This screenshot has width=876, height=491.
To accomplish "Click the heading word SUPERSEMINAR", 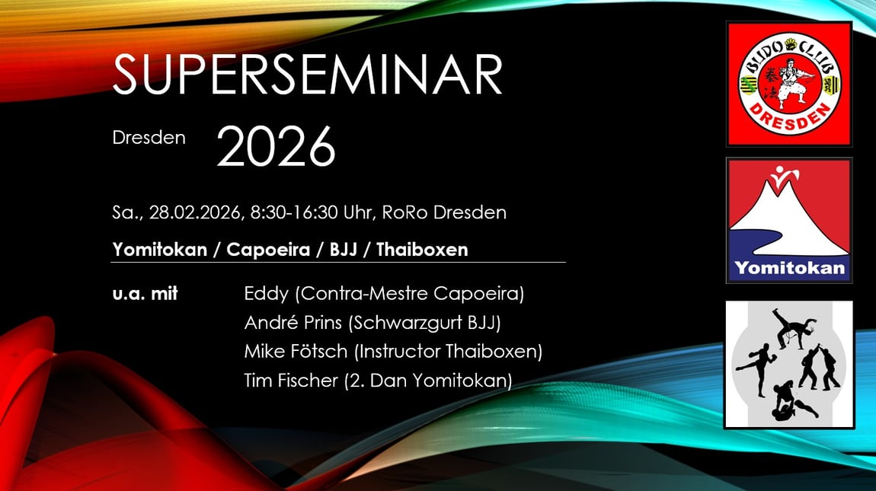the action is (307, 75).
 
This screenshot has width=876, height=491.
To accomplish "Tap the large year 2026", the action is (276, 146).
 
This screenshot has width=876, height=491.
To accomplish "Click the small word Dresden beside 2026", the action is (149, 138).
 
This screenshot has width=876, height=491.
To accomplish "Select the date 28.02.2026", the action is (194, 213).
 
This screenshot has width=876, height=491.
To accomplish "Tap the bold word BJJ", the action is (343, 249).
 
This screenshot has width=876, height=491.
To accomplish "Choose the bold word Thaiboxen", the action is (422, 249).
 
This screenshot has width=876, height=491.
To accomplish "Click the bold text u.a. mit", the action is (145, 294).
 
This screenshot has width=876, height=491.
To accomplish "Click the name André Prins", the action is (293, 323).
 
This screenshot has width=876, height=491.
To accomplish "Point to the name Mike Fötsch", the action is (296, 352).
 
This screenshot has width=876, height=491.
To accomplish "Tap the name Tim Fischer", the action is (291, 381).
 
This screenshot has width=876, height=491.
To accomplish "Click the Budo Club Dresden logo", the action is (789, 84).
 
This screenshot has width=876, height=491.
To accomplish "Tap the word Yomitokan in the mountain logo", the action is (789, 268).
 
